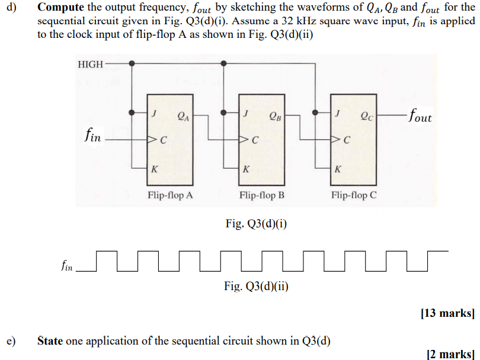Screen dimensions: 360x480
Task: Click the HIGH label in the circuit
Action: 90,64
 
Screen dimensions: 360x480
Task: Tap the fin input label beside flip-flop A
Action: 92,137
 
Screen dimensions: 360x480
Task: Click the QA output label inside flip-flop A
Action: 183,115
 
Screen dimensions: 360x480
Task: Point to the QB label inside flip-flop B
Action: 275,115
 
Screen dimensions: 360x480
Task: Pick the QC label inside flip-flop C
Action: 367,115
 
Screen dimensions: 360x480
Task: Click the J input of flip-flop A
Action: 154,112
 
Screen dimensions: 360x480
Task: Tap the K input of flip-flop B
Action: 245,169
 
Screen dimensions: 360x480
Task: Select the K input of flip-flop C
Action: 337,169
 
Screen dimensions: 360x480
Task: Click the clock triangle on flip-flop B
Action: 243,140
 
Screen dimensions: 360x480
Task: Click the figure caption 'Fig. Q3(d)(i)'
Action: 256,224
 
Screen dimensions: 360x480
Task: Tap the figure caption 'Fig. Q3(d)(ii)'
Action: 256,287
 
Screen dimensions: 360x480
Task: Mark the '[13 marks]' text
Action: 447,313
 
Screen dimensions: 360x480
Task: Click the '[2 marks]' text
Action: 450,353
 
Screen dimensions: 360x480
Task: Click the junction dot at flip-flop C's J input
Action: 315,112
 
